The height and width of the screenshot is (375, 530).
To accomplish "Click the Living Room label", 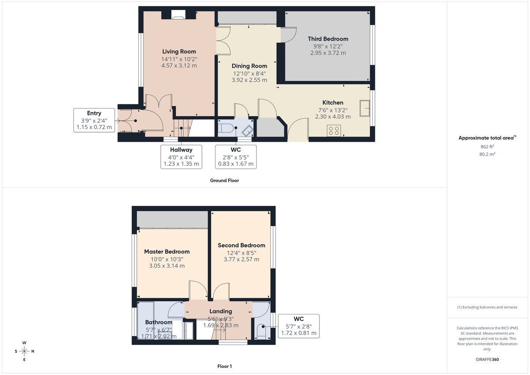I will [179, 51].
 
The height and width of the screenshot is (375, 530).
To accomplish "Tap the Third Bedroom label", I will [328, 39].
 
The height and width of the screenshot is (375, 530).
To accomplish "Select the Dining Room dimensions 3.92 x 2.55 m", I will [249, 80].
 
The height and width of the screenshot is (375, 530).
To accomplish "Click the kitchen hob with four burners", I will [334, 130].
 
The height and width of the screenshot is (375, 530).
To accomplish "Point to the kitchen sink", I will [365, 108].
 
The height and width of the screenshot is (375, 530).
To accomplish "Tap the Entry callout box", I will [94, 120].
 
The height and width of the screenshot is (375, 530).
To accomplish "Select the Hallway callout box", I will [181, 157].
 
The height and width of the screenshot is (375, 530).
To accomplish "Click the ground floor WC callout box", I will [235, 157].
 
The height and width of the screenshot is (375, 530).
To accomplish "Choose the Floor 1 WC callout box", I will [299, 326].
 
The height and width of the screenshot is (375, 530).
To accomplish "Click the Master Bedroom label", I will [167, 251].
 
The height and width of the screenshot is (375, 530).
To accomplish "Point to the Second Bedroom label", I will [241, 245].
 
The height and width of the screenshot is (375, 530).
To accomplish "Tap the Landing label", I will [220, 311].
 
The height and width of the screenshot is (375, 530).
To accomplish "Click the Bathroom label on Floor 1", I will [159, 322].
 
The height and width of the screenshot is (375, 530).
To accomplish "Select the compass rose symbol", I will [24, 351].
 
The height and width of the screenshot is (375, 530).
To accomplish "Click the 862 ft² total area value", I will [487, 146].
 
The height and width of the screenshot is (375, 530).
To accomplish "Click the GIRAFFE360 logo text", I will [487, 360].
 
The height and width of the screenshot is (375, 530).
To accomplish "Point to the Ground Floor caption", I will [225, 180].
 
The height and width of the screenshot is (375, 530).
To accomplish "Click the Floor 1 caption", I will [224, 366].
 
